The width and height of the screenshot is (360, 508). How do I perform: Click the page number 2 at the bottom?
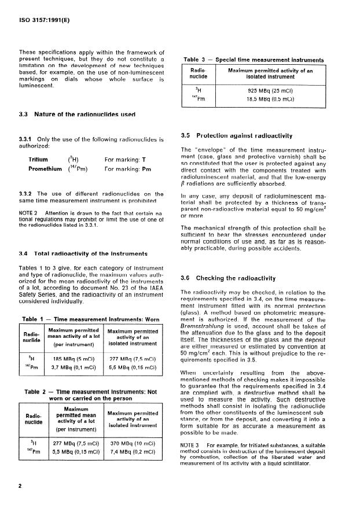(x=20, y=485)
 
